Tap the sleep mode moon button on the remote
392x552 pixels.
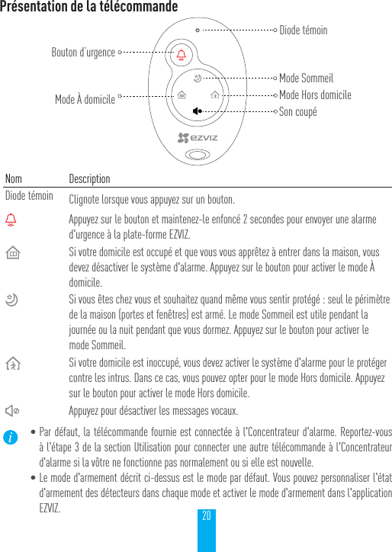click(x=198, y=78)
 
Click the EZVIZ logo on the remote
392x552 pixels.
click(x=198, y=138)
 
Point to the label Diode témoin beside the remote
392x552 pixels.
click(x=304, y=30)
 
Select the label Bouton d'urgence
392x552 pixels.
click(x=83, y=53)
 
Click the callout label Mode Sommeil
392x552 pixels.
click(x=307, y=78)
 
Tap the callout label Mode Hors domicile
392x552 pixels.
click(x=315, y=95)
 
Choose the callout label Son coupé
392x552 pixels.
click(x=297, y=111)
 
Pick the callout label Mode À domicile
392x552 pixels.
click(x=85, y=99)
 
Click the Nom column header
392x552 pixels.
click(x=14, y=178)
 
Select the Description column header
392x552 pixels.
click(x=89, y=178)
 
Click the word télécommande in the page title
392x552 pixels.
click(x=137, y=7)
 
